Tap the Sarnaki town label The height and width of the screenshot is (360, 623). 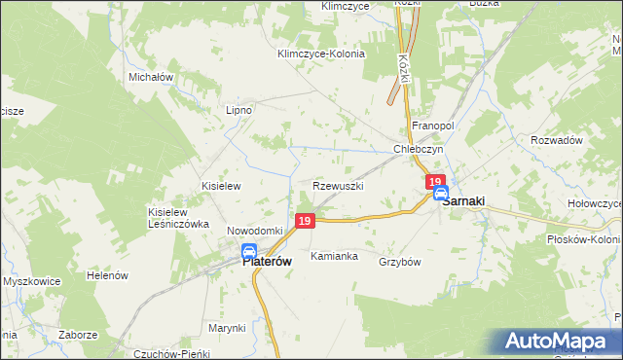point(464,201)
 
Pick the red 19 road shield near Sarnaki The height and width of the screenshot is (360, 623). point(435,181)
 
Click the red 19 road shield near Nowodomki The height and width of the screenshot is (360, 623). point(305,222)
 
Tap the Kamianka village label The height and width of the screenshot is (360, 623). point(334,257)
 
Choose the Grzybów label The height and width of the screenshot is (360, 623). point(399,262)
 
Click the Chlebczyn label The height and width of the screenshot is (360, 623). point(419,150)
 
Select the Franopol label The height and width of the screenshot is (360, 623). point(433,126)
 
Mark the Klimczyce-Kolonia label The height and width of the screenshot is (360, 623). point(321,54)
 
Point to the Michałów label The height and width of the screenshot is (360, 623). point(150,76)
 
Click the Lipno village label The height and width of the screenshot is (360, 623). point(238,110)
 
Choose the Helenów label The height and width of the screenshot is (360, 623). point(107,275)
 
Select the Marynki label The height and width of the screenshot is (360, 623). point(227,328)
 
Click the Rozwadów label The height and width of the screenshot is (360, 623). point(556,140)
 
